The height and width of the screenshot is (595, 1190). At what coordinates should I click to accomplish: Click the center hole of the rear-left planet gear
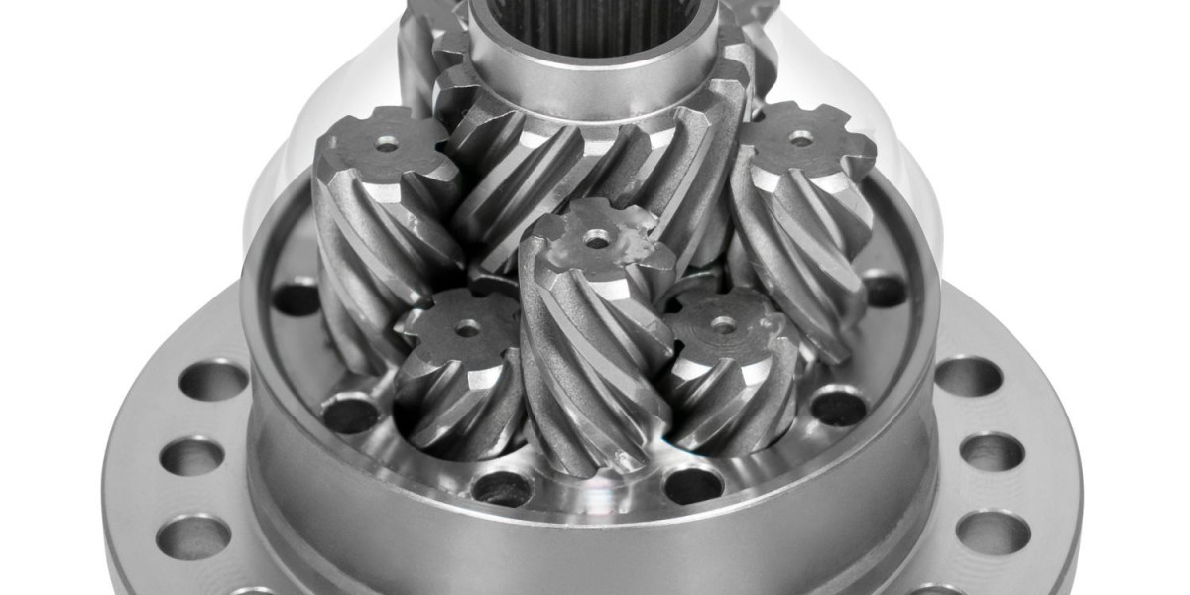[x=386, y=144]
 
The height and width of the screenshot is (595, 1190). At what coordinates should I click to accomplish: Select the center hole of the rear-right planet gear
[x=801, y=139]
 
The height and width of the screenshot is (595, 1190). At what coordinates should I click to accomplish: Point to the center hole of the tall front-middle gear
[x=598, y=238]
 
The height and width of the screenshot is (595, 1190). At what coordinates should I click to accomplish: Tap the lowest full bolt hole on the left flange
[x=192, y=535]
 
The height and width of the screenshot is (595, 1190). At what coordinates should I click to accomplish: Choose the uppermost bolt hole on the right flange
[x=968, y=377]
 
